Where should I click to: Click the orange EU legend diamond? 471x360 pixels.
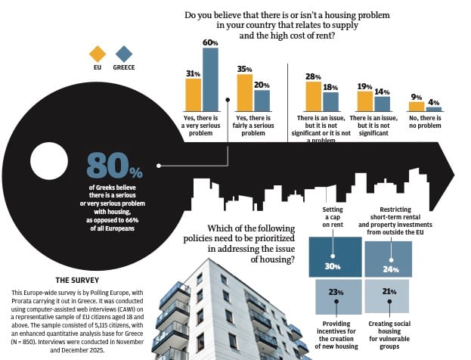pos(98,54)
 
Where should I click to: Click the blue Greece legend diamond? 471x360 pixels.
pos(123,54)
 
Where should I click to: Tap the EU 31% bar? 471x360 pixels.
pos(194,95)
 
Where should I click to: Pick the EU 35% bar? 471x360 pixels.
pos(244,92)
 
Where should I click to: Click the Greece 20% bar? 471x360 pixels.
pos(262,101)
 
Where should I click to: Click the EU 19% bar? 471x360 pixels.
pos(365,101)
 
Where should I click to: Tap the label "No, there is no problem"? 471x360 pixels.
pos(424,123)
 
